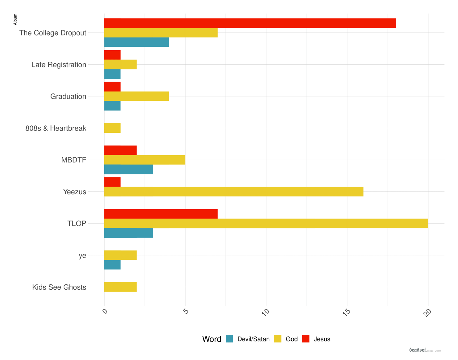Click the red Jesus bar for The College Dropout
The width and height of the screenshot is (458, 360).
(250, 23)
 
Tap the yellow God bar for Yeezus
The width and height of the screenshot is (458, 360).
(233, 192)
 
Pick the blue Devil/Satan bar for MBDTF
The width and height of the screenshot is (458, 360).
(129, 169)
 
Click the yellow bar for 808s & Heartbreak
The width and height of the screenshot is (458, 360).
(112, 128)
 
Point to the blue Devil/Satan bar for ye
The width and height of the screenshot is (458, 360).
(112, 265)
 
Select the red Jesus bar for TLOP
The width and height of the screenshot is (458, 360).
(161, 214)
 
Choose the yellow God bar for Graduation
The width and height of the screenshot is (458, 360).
(137, 96)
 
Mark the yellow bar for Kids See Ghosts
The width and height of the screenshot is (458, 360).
(120, 287)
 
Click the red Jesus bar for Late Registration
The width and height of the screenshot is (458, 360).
(112, 55)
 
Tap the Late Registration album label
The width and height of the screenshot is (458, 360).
(59, 65)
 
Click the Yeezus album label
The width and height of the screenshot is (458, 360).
(75, 192)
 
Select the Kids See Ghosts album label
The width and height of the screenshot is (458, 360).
(59, 287)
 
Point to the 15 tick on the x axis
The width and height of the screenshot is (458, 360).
(346, 312)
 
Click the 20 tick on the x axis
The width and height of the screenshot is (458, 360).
(427, 312)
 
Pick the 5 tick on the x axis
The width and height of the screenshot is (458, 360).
(186, 311)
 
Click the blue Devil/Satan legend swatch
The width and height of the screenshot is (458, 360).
(229, 339)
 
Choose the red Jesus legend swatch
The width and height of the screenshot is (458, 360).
(306, 339)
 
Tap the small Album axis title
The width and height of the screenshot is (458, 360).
(15, 19)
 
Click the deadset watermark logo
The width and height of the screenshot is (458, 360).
(417, 350)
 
